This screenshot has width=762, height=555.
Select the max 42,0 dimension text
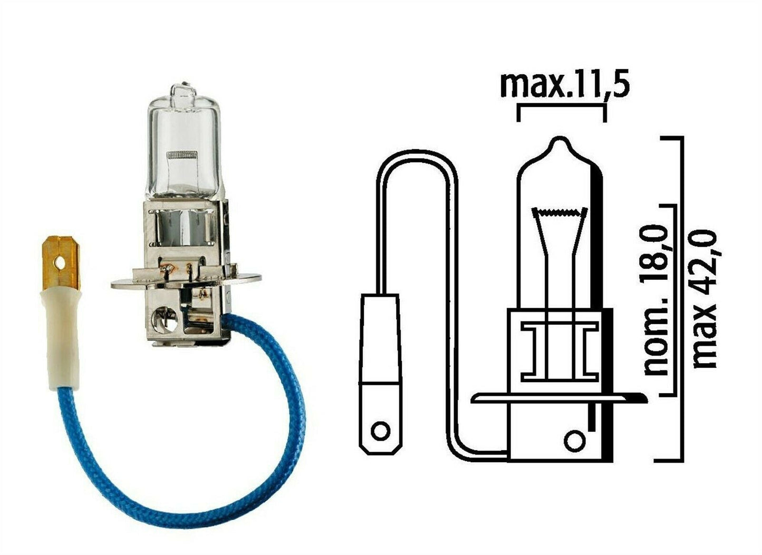pos(706,298)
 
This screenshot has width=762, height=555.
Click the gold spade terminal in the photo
pos(61,264)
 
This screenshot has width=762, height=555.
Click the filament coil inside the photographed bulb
pos(181,155)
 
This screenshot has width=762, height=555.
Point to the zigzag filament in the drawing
pos(560,212)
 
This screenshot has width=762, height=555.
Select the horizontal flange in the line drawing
pos(554,398)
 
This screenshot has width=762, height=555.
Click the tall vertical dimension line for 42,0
pos(682,298)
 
